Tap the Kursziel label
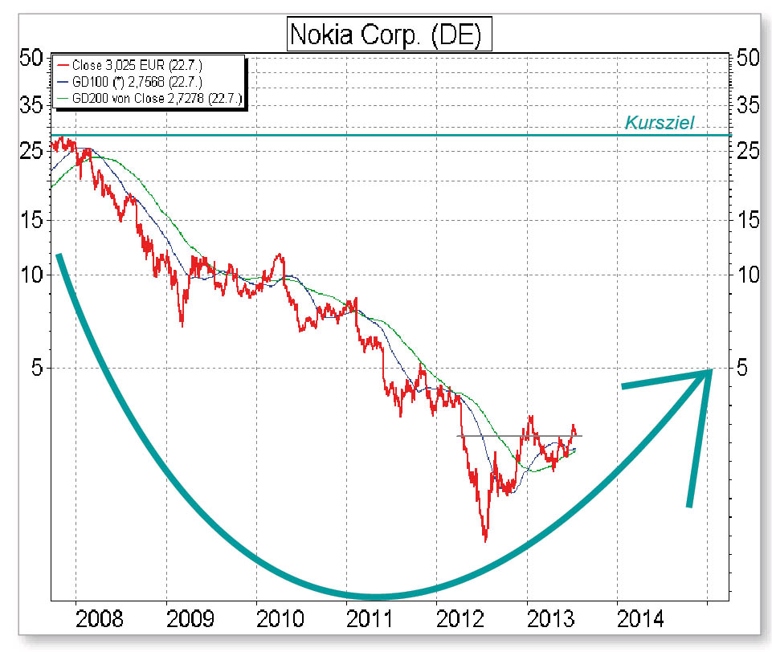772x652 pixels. point(659,124)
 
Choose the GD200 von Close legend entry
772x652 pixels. point(151,99)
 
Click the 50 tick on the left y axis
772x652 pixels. point(31,58)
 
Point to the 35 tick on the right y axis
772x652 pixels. point(748,104)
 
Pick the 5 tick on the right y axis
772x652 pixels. point(743,368)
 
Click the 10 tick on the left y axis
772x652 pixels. point(31,275)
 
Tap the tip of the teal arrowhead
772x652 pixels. point(712,370)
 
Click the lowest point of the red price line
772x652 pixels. point(485,540)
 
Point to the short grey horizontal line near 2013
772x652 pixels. point(519,435)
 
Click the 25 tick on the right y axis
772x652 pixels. point(748,150)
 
